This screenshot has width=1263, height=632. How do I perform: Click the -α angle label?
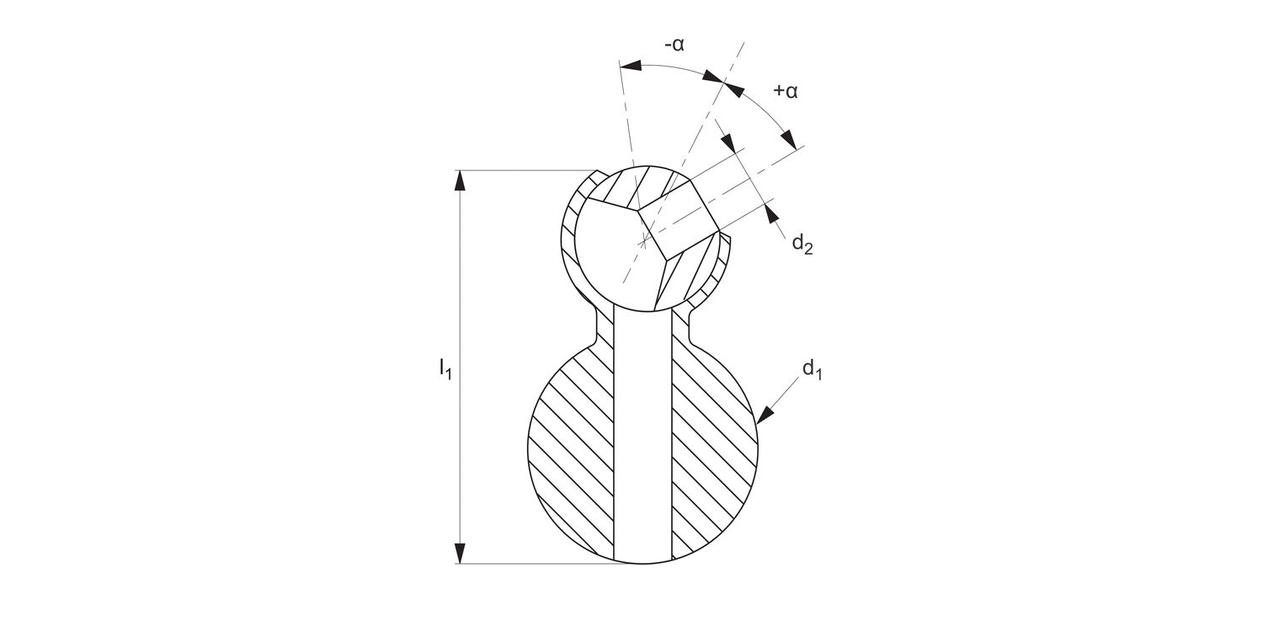674,45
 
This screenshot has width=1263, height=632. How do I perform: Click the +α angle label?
785,90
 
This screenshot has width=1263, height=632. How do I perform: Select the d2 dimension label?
802,244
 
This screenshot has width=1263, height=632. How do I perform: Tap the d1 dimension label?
812,368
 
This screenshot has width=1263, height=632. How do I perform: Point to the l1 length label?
445,367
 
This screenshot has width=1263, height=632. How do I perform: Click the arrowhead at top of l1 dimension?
460,180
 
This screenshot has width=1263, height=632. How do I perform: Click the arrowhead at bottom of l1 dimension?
460,553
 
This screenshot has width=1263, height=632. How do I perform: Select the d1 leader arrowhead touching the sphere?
765,414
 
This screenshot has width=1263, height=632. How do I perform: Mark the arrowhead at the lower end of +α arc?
789,138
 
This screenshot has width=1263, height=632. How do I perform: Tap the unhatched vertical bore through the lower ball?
643,438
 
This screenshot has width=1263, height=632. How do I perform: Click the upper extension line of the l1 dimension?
539,170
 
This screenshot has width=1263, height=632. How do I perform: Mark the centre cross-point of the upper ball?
643,242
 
